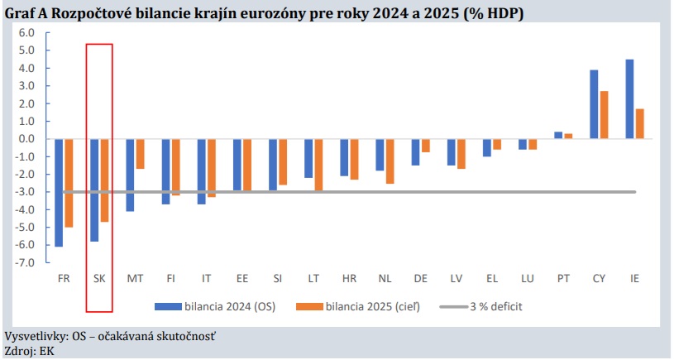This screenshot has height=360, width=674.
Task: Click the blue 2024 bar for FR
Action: tap(59, 192)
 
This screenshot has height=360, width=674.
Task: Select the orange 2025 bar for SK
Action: tap(104, 180)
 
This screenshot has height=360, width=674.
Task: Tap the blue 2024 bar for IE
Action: tap(629, 99)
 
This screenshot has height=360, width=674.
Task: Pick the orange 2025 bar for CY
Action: tap(605, 115)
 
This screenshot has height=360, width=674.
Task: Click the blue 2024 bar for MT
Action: tap(131, 175)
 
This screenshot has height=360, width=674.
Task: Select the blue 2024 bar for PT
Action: tap(558, 135)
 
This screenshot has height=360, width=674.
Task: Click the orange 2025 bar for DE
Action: tap(426, 146)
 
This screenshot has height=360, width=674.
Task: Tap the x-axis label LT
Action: tap(313, 278)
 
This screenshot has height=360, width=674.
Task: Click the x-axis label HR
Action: tap(349, 278)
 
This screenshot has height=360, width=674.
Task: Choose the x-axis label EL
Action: tap(492, 278)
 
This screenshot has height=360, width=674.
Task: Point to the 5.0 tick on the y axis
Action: tap(26, 50)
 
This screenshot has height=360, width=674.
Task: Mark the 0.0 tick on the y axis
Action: tap(26, 139)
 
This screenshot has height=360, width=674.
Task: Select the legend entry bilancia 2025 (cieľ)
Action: tap(372, 306)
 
